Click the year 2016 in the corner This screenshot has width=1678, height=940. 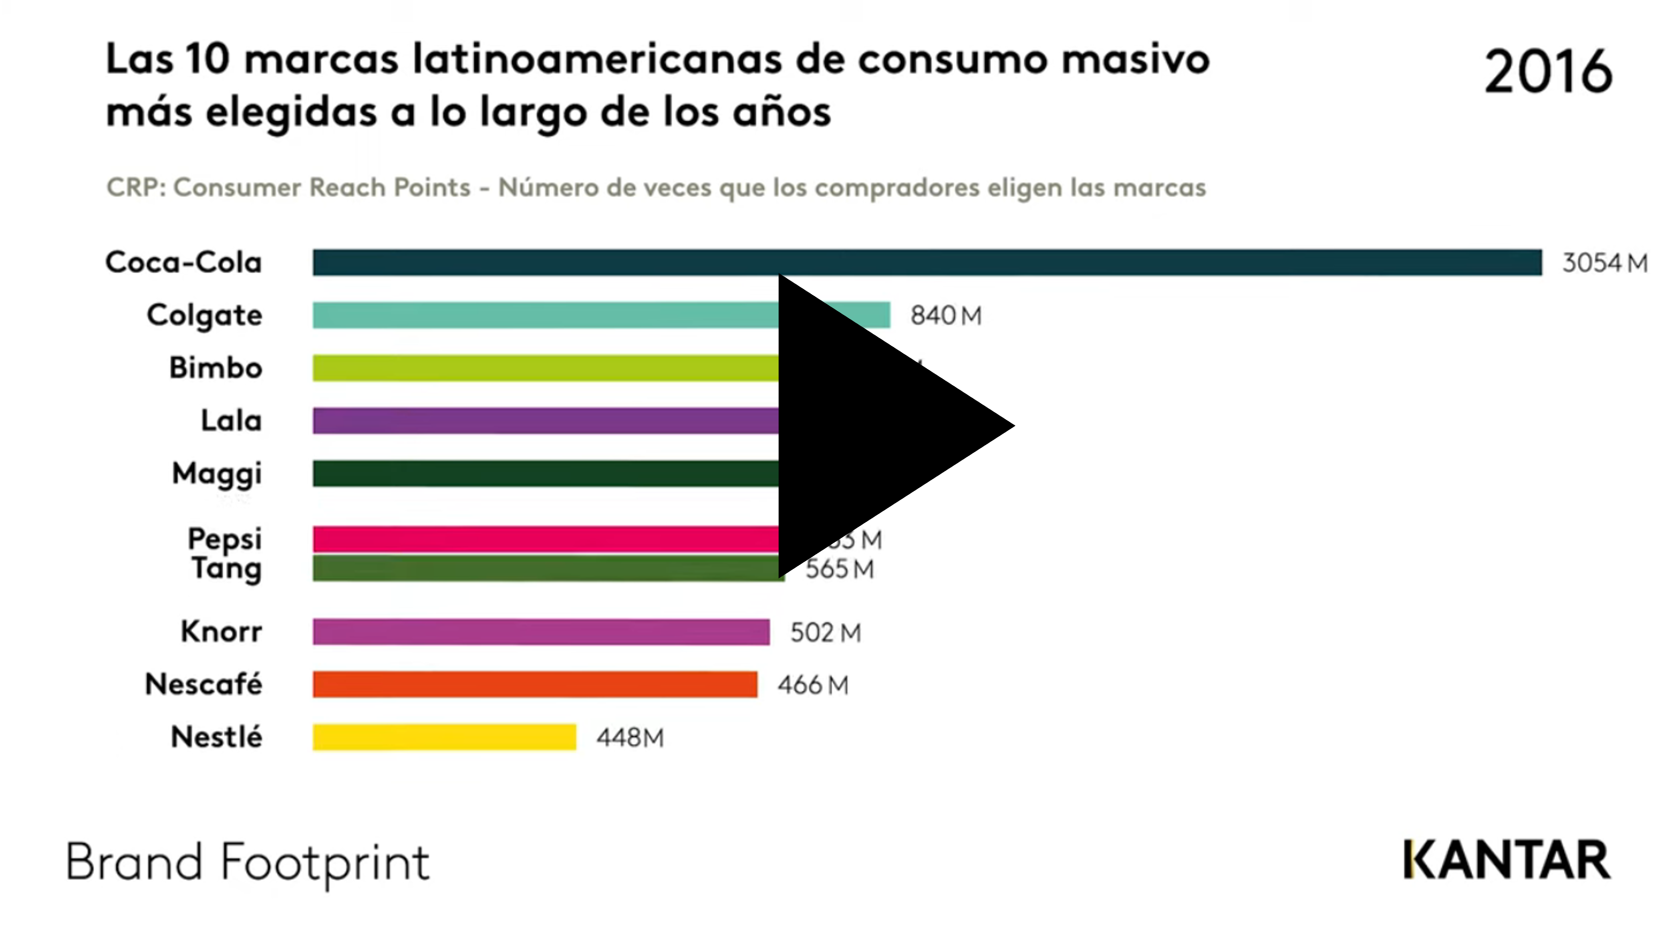click(x=1548, y=72)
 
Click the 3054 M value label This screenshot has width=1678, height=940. click(x=1604, y=263)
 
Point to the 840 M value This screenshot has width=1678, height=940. click(x=945, y=316)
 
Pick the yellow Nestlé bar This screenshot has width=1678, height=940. click(x=444, y=737)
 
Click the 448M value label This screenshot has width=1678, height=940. click(x=630, y=738)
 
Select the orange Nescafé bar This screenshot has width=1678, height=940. click(x=534, y=685)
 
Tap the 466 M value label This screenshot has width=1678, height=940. click(x=813, y=685)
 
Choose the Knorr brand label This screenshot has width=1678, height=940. click(x=222, y=631)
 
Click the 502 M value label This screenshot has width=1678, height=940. click(x=825, y=633)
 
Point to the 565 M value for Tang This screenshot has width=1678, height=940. click(x=840, y=569)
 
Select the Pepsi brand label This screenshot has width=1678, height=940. click(x=225, y=539)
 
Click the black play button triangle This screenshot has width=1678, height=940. click(x=873, y=427)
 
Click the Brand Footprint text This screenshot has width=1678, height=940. click(x=248, y=863)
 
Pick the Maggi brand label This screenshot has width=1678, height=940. click(x=217, y=474)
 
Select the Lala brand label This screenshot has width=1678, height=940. click(x=231, y=421)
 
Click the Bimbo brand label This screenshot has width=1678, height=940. click(x=216, y=368)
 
